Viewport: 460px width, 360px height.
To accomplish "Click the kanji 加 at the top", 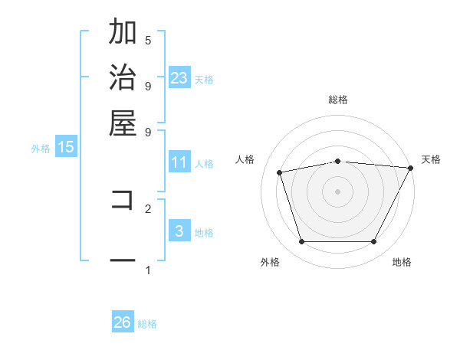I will click(123, 33).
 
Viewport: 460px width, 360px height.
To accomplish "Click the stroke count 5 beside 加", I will click(148, 40).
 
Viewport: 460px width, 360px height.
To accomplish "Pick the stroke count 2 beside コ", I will click(148, 208).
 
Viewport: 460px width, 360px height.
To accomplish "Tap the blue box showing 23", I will click(179, 77).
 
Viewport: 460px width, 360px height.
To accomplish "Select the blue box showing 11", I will click(179, 162).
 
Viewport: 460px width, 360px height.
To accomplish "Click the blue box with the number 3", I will click(179, 231).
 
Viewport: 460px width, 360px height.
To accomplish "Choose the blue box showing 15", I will click(66, 147).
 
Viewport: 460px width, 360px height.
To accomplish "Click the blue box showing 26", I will click(123, 322).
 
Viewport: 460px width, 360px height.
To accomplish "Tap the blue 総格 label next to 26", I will click(147, 324).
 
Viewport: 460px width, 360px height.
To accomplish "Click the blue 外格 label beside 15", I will click(41, 149).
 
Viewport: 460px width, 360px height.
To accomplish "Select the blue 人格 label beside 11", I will click(204, 164).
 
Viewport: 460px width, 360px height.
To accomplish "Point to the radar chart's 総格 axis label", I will click(337, 100).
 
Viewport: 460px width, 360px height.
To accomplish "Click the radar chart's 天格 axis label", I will click(431, 159).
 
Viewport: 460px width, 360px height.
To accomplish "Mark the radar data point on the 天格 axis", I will click(410, 168).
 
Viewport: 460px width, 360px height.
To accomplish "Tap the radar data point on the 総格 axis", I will click(337, 161).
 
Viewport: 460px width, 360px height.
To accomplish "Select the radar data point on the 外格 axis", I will click(301, 242).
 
